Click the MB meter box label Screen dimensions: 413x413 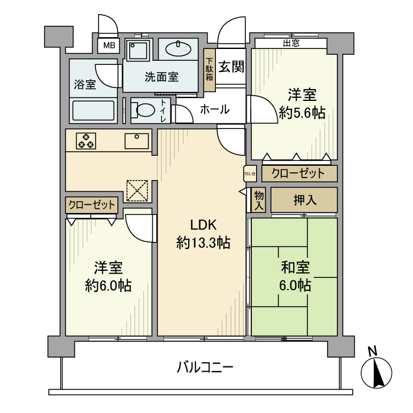point(110,45)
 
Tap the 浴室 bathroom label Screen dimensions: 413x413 point(85,84)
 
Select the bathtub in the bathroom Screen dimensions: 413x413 point(93,110)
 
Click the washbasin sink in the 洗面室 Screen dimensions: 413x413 point(178,49)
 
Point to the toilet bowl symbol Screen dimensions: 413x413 point(143,110)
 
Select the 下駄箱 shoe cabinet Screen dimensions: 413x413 point(209,70)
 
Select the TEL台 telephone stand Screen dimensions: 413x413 point(250,173)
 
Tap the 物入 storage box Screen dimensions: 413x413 point(258,201)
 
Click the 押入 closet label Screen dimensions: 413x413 point(304,200)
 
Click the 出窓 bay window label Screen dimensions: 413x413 point(290,42)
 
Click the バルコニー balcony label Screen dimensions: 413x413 point(206,368)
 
